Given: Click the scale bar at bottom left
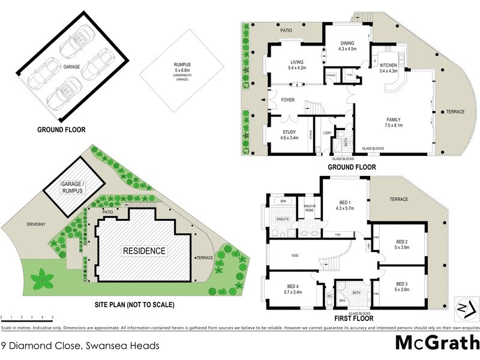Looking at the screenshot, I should point(26,318).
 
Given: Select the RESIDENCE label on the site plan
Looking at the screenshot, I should point(144,251).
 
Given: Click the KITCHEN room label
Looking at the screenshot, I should point(389,68).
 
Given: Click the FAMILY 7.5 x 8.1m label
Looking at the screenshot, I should point(393,123).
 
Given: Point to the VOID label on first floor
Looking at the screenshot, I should point(295,256).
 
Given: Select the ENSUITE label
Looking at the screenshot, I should point(282,219).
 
